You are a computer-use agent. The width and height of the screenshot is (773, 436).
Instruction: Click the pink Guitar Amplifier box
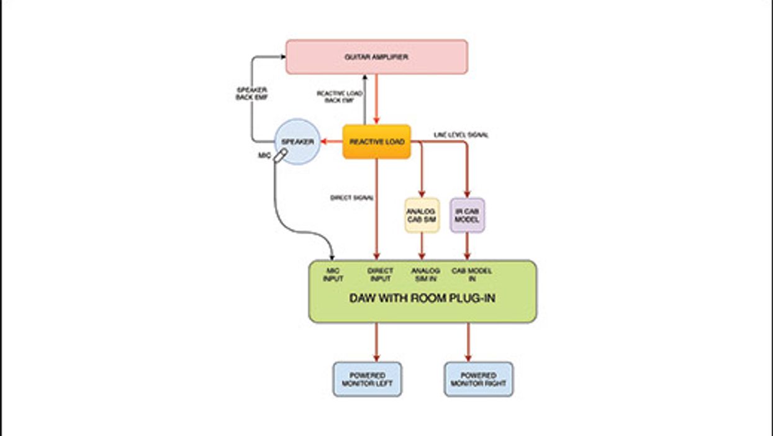tap(376, 57)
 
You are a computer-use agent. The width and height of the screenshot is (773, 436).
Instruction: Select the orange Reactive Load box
tap(376, 142)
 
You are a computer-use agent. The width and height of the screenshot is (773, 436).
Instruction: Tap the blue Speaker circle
tap(297, 142)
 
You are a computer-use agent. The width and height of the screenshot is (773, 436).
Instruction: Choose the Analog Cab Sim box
tap(422, 215)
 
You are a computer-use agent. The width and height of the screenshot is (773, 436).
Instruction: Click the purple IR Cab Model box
tap(467, 215)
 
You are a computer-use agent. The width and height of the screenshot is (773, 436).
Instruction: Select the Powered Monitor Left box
tap(368, 379)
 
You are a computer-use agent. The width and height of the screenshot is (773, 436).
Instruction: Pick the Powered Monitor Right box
tap(479, 379)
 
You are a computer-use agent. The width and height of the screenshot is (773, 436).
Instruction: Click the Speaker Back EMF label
tap(251, 94)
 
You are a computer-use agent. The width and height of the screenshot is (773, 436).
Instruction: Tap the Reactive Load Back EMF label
tap(340, 96)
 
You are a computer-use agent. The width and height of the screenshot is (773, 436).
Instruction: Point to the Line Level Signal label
tap(461, 135)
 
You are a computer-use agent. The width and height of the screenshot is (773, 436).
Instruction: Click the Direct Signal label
tap(352, 198)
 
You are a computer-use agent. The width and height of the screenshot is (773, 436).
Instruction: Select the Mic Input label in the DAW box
tap(333, 275)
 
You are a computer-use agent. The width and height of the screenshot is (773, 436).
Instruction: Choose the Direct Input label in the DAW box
tap(381, 275)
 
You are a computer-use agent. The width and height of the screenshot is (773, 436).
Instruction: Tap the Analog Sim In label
tap(425, 275)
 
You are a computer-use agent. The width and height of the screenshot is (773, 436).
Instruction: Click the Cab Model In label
tap(472, 275)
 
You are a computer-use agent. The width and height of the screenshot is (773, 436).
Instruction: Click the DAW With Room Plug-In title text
tap(422, 298)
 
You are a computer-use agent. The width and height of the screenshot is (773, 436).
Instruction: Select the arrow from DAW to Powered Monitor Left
tap(376, 342)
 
